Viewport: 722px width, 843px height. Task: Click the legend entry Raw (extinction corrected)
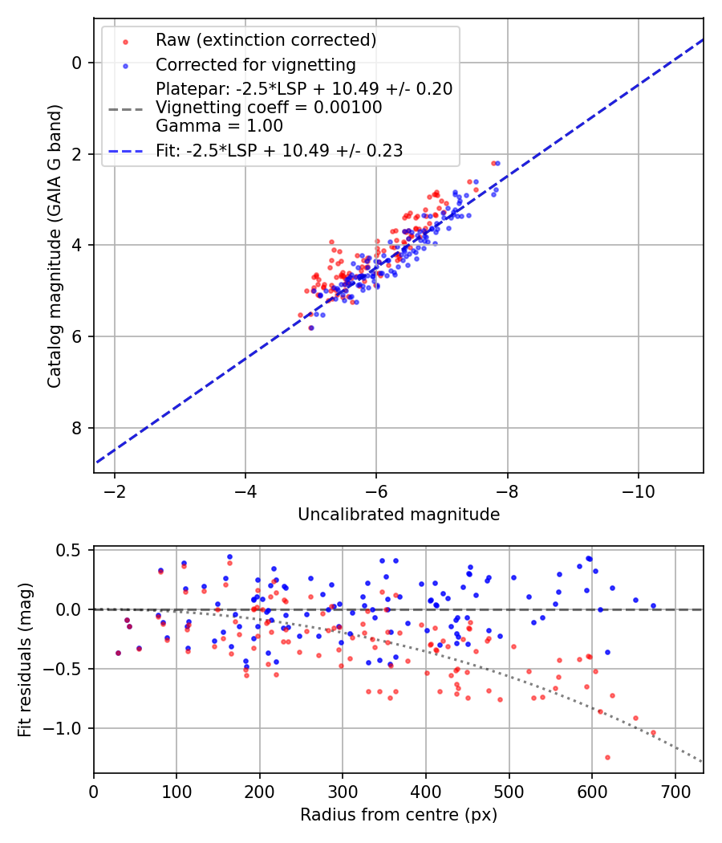click(266, 40)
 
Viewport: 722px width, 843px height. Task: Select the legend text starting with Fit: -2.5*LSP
click(279, 149)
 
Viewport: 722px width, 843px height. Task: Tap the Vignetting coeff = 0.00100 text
click(269, 107)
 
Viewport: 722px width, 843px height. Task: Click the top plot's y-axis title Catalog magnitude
click(54, 242)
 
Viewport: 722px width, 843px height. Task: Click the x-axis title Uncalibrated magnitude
click(399, 515)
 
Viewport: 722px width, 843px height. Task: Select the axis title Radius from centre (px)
click(399, 815)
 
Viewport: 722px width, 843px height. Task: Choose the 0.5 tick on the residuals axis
click(72, 551)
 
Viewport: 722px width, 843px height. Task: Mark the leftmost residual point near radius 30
click(118, 653)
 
